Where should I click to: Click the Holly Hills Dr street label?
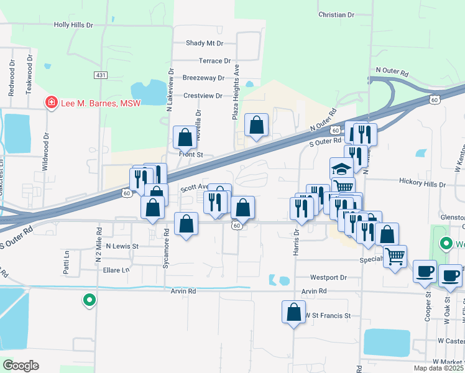click(73, 25)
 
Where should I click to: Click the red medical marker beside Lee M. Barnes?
click(51, 103)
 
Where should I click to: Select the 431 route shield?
click(101, 75)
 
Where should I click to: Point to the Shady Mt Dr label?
click(204, 44)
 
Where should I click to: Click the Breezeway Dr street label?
click(203, 78)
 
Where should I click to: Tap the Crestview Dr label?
click(203, 96)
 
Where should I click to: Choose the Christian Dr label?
click(336, 14)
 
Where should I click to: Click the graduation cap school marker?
click(341, 168)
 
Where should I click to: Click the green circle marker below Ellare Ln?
click(90, 300)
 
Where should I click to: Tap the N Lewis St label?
click(122, 246)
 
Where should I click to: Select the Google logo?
click(21, 366)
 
